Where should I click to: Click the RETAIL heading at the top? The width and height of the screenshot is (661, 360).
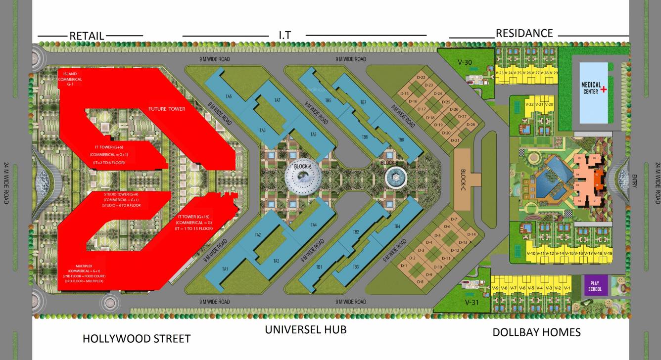(87, 36)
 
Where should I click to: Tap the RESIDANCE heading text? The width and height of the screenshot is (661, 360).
(524, 33)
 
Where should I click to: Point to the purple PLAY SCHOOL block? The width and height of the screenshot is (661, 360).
(595, 286)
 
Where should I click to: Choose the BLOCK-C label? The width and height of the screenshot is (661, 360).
(463, 179)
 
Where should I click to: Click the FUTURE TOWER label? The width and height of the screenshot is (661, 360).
(167, 109)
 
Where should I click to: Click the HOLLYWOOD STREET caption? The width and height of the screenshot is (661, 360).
(136, 339)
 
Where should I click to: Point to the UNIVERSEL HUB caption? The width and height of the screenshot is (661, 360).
(305, 329)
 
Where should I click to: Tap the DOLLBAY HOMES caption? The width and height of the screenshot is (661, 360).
(536, 332)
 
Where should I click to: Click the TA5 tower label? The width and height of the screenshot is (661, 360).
(229, 96)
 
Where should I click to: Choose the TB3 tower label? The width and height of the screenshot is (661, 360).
(355, 267)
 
